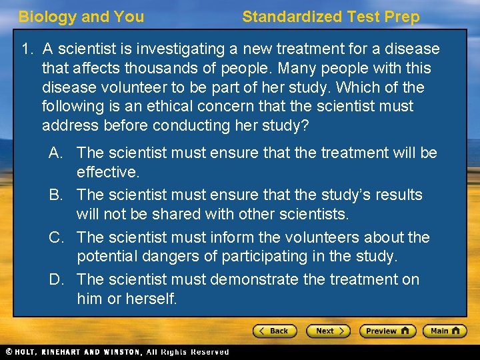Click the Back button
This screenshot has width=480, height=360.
[x=275, y=331]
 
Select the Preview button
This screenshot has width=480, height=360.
[x=387, y=331]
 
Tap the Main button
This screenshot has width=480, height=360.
[x=444, y=331]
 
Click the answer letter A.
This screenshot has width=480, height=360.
[x=56, y=153]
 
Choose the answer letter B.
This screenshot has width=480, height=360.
[x=56, y=195]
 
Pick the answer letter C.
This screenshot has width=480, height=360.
[x=56, y=237]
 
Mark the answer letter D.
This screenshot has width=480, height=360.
[x=56, y=279]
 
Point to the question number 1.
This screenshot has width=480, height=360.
[x=27, y=49]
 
